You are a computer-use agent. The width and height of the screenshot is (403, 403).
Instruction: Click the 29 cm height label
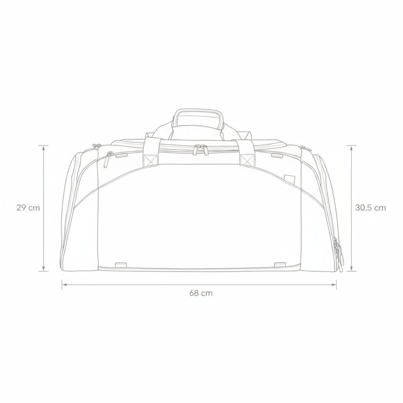(x=28, y=208)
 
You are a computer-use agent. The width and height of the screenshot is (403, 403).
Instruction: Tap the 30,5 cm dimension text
(x=370, y=208)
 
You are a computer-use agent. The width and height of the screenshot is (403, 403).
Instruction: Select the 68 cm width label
(x=201, y=293)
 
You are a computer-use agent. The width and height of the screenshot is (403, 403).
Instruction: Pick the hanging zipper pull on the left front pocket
(x=107, y=159)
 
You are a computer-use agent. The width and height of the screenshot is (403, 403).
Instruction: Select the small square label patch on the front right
(x=288, y=178)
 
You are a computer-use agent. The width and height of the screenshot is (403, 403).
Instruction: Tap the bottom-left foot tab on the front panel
(x=120, y=265)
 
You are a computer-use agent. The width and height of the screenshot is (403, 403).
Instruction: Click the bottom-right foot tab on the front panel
(x=279, y=265)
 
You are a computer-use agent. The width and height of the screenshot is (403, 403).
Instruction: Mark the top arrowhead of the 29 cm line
(x=43, y=147)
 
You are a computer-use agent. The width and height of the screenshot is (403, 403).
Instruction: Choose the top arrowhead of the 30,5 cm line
(x=351, y=147)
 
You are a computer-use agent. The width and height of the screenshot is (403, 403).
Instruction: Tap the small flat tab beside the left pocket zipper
(x=121, y=155)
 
